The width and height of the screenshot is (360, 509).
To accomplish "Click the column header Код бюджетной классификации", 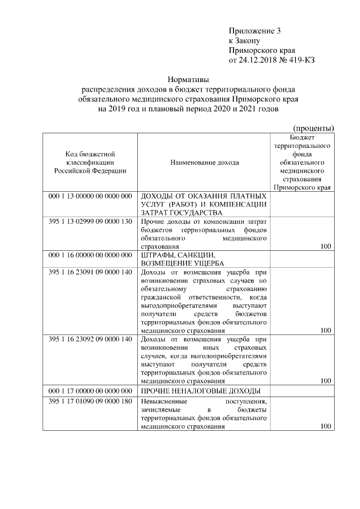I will click(x=90, y=163).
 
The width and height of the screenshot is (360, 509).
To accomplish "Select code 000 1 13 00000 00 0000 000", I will click(x=90, y=196).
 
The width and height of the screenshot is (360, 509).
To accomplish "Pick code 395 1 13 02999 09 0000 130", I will click(x=90, y=221).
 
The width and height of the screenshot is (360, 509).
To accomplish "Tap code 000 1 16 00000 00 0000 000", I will click(x=90, y=255).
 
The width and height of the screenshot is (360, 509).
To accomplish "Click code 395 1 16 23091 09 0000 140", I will click(x=90, y=272).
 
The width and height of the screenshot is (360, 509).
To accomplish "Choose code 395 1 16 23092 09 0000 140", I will click(x=90, y=339).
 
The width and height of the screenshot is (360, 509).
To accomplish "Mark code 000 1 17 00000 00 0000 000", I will click(x=90, y=390).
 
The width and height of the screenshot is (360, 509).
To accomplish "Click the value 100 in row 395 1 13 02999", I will click(x=325, y=246).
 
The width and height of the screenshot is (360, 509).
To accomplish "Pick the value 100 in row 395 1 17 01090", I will click(x=325, y=427).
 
